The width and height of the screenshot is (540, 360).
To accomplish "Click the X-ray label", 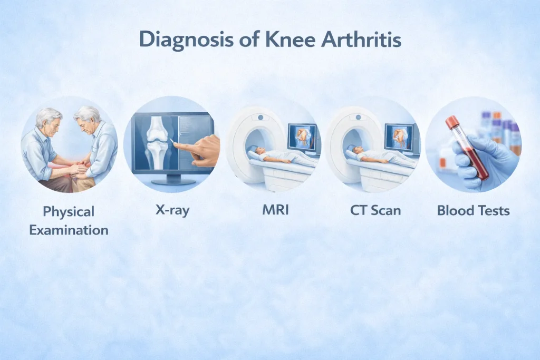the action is point(172,210).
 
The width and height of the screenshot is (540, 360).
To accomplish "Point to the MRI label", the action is point(275,210).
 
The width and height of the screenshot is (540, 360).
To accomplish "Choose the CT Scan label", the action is point(375,210).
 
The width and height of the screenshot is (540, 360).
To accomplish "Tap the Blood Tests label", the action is point(473,210).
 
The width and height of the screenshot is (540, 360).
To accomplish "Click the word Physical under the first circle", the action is point(69,212).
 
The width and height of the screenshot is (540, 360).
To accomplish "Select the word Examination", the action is point(69,230).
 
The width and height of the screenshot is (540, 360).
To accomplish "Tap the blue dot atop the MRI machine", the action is point(261,118).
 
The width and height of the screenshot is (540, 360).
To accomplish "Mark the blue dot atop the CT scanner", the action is point(359,118).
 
